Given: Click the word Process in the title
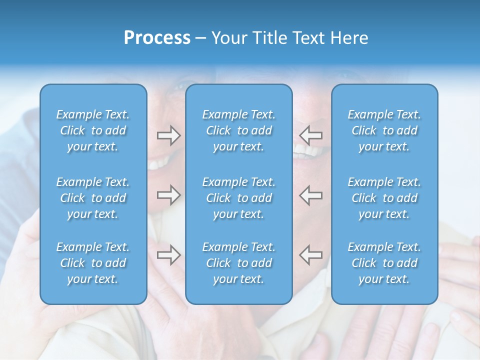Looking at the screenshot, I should pos(157,38).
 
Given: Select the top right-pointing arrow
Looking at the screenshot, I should pos(169,135).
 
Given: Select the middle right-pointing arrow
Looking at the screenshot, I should pos(169,195).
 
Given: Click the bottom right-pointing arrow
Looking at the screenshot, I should pos(169,255).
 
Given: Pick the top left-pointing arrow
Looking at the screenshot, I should pos(311,135).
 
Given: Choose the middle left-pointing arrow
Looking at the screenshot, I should pos(311,195).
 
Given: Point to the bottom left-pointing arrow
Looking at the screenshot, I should pos(311,255).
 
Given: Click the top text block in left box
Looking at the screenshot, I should pos(93,130).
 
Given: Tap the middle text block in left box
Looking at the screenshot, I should pos(93,198).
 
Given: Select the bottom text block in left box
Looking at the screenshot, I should pos(93,263).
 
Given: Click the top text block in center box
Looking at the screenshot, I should pos(239,130).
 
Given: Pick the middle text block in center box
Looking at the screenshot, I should pos(239,198).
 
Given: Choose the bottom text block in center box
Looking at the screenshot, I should pos(239,263).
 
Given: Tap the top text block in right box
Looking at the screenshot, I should pos(384,130).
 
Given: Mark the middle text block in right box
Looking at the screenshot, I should pos(384,198).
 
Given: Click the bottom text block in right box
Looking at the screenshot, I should pos(384,263).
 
